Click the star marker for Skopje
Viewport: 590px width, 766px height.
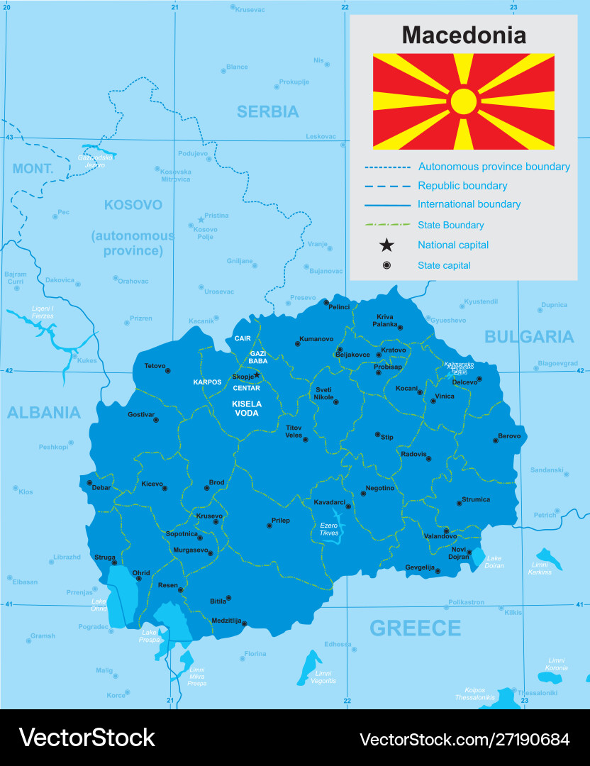coord(257,374)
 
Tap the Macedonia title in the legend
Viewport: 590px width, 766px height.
coord(464,35)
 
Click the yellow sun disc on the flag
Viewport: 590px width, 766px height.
coord(464,101)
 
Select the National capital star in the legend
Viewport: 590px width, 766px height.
coord(386,245)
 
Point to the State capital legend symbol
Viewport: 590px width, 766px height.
coord(386,265)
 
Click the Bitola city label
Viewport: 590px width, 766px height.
coord(218,601)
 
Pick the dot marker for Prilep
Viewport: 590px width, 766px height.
coord(269,526)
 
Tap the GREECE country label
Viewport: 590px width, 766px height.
coord(415,628)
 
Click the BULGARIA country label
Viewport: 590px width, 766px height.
coord(529,336)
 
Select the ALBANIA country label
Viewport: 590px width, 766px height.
coord(44,412)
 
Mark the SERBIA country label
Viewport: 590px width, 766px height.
coord(267,111)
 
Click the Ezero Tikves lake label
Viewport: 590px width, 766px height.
coord(329,528)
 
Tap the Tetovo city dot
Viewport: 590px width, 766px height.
coord(168,370)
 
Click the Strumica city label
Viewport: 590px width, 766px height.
coord(476,499)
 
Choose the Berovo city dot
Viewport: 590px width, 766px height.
coord(496,441)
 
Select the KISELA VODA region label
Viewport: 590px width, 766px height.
coord(247,408)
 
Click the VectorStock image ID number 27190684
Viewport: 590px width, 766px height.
coord(525,739)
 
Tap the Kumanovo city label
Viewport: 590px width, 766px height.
coord(316,339)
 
